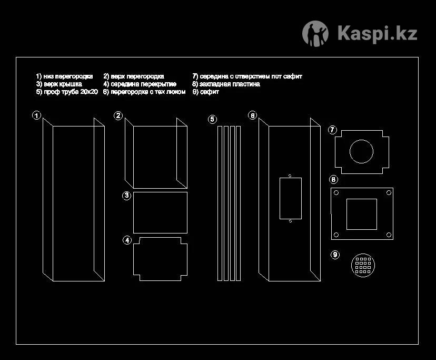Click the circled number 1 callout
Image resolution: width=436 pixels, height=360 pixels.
click(x=36, y=115)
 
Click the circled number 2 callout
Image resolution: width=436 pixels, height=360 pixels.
click(x=118, y=115)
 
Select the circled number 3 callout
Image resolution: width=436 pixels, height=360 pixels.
click(x=127, y=196)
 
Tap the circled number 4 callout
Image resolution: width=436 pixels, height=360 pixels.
click(x=127, y=240)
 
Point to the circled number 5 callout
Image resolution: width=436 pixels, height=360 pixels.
click(x=212, y=119)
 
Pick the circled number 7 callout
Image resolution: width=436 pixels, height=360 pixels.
click(x=332, y=130)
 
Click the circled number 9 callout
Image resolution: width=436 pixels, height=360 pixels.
click(x=335, y=255)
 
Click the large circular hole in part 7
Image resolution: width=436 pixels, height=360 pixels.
click(x=361, y=152)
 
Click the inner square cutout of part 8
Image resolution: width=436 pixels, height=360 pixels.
click(x=361, y=214)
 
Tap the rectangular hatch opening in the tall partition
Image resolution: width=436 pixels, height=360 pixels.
click(x=290, y=198)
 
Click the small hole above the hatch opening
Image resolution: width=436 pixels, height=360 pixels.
click(x=290, y=175)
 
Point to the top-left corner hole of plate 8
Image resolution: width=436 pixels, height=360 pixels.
click(x=335, y=193)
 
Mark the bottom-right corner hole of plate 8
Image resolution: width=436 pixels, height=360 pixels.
click(x=388, y=235)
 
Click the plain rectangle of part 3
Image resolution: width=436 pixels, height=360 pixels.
click(x=160, y=212)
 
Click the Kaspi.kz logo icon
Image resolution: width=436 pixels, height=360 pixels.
click(x=315, y=34)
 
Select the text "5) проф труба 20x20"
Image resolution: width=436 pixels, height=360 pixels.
click(x=67, y=92)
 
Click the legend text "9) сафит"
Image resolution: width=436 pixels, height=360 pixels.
click(x=206, y=92)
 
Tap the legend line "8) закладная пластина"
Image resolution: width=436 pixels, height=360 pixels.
click(x=226, y=84)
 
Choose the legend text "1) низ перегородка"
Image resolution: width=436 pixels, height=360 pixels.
click(x=64, y=76)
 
